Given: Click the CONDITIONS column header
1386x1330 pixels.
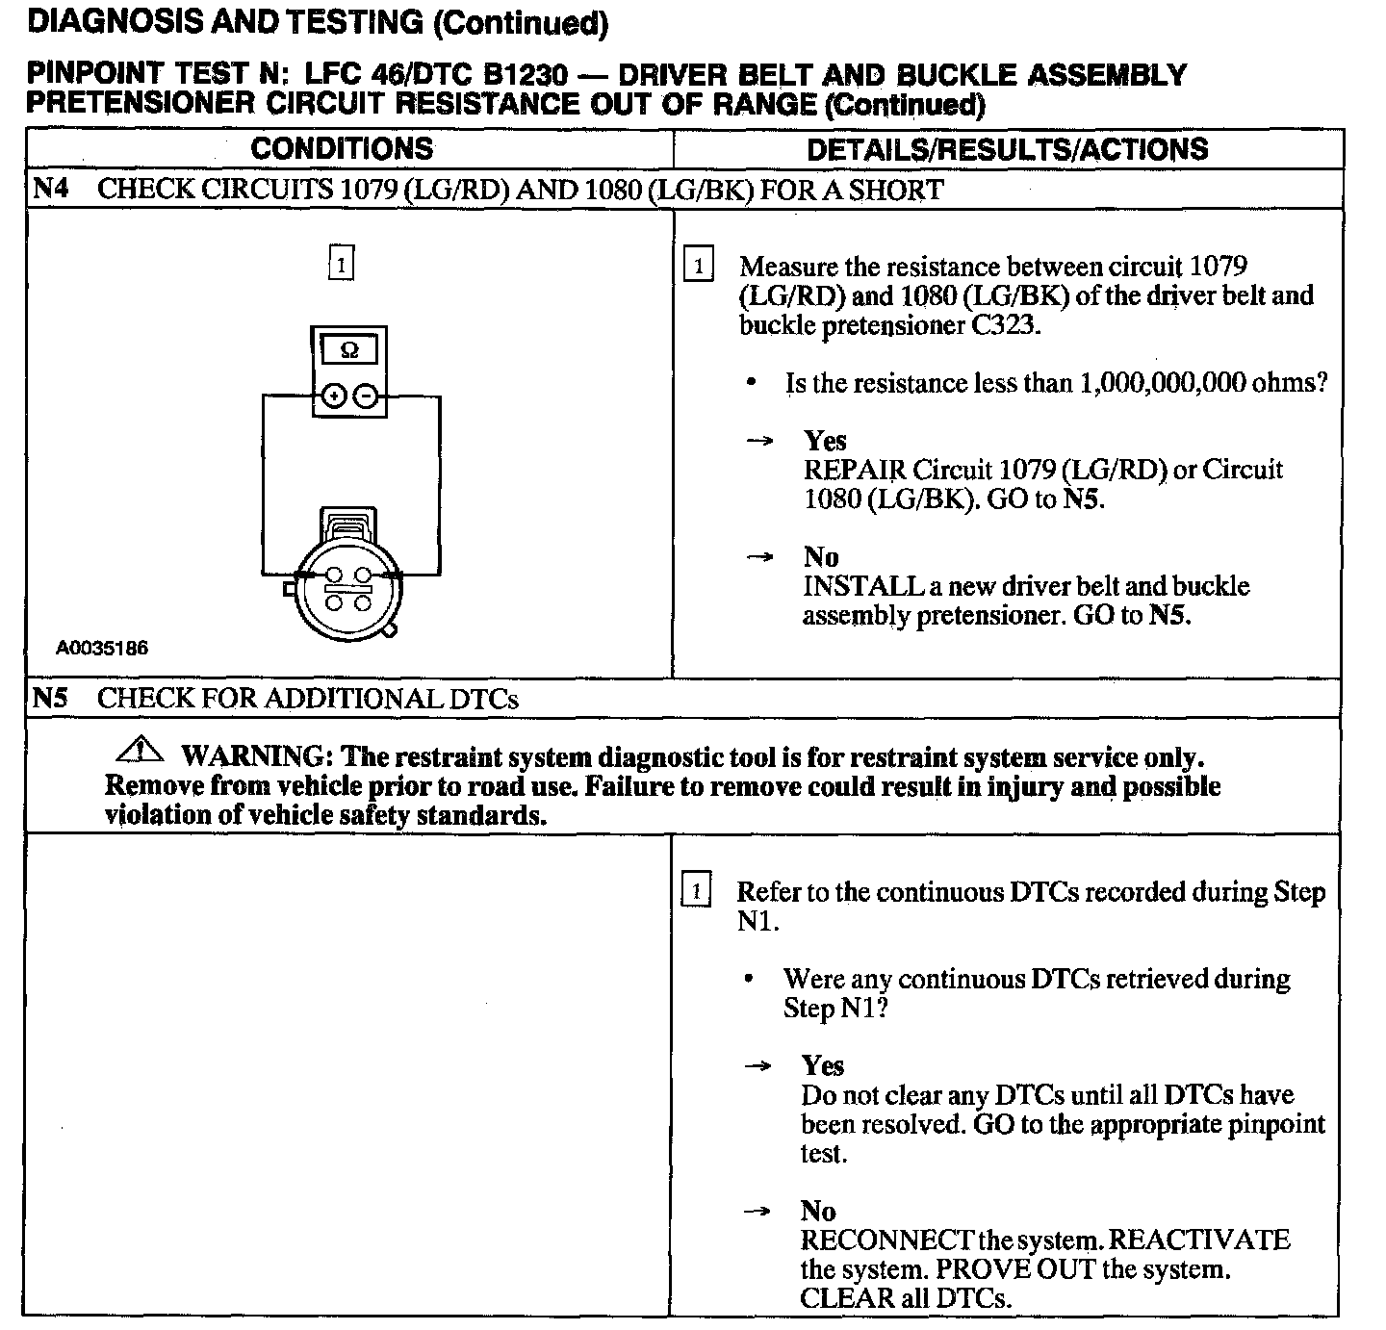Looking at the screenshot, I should coord(342,149).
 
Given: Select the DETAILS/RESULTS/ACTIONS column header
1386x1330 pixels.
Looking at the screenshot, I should coord(1007,149).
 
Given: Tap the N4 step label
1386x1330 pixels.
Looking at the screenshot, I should coord(50,189).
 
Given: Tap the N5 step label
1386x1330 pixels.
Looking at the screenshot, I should coord(50,698).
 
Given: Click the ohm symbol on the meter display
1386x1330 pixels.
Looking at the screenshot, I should coord(349,351).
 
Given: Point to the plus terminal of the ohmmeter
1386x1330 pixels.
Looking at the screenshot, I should coord(334,396).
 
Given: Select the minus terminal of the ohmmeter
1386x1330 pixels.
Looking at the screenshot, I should coord(365,396).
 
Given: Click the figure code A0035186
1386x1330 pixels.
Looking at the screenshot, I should coord(102,649).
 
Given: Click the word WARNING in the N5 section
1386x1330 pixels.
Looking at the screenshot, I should coord(252,757).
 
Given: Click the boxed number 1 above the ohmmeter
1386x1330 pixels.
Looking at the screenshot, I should coord(341,263).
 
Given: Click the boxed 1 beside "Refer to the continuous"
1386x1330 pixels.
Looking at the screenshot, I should coord(695,890).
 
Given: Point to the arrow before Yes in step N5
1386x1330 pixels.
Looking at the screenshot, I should coord(759,1066).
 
